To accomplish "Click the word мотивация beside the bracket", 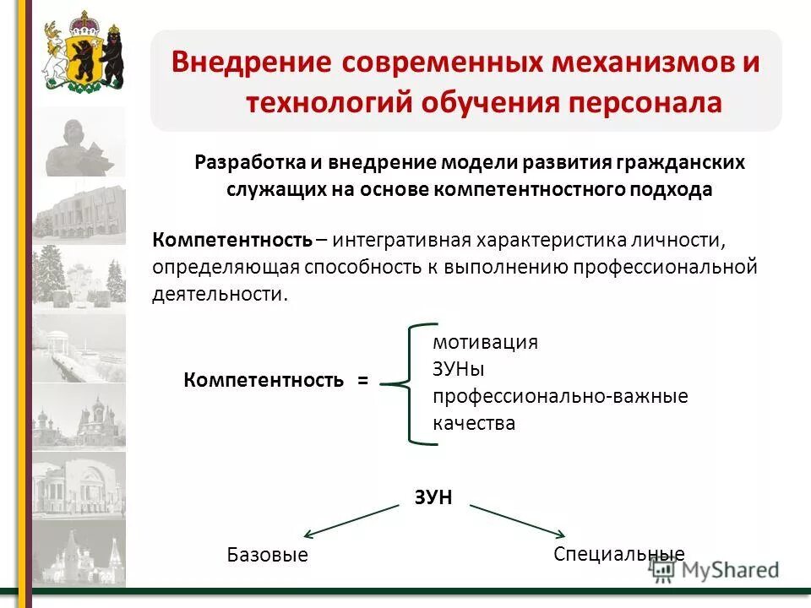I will (485, 342).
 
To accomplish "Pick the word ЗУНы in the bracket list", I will (459, 369).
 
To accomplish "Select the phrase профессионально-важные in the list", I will (560, 396).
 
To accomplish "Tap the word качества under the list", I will (473, 423).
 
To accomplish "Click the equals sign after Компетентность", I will (362, 381).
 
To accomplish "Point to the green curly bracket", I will (409, 383).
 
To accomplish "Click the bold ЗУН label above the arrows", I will (433, 497).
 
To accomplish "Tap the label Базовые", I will (267, 555).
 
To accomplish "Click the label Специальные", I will (618, 554).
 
